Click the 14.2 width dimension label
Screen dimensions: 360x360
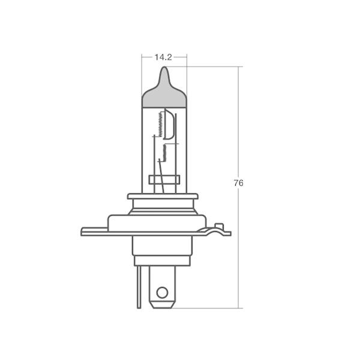[x=163, y=58]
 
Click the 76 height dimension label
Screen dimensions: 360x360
[x=238, y=183]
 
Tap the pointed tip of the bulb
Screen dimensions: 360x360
[x=164, y=67]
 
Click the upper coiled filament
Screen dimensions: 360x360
[x=161, y=124]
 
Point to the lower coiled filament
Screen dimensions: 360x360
[x=164, y=152]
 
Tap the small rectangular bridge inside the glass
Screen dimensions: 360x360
[x=164, y=179]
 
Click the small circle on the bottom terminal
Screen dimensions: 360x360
[x=162, y=293]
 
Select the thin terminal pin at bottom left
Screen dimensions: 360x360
[x=139, y=287]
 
